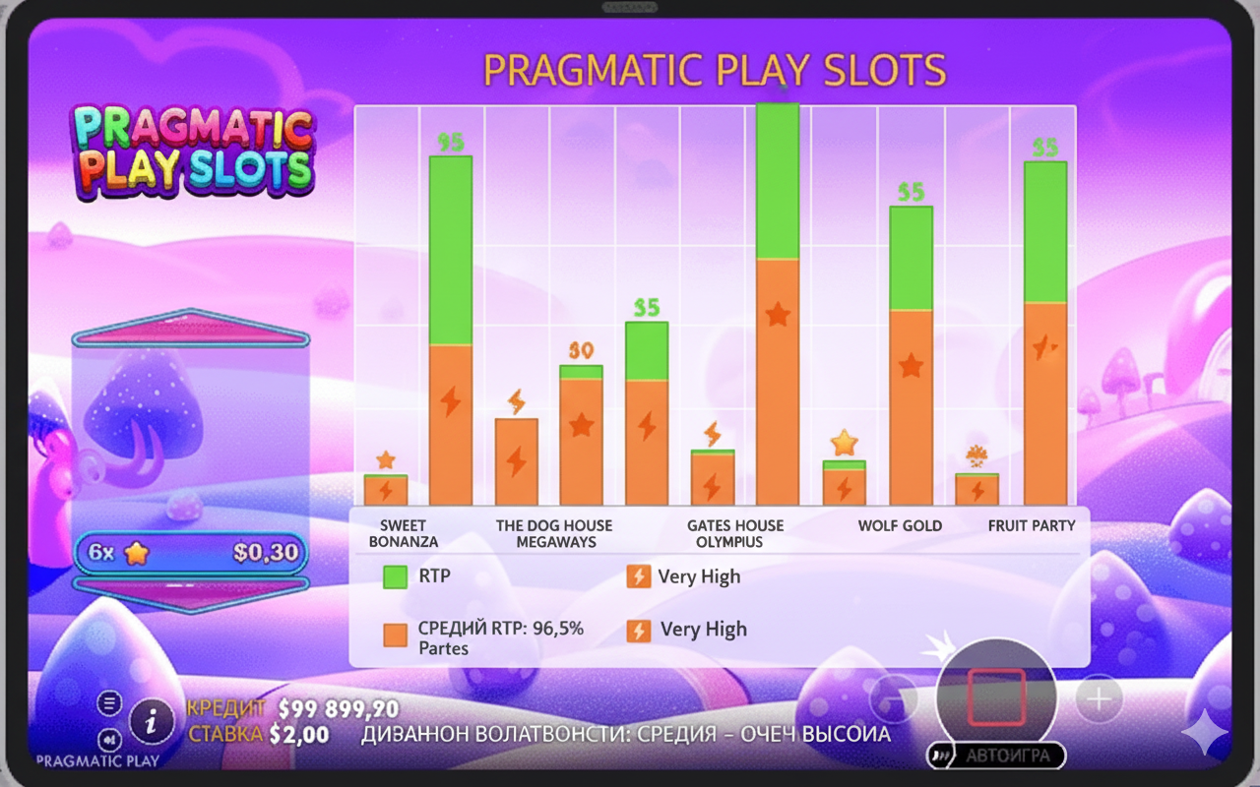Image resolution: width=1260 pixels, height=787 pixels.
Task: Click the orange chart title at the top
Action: pos(715,71)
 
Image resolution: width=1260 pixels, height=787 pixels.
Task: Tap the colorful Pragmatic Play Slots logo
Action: pos(193,150)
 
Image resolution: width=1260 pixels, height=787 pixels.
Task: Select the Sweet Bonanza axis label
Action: pos(404,533)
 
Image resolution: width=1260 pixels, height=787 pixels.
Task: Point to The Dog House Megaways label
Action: pos(554,533)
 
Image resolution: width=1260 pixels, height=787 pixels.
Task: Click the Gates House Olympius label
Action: pos(735,533)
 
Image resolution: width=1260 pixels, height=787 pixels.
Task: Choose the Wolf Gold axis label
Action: pos(900,525)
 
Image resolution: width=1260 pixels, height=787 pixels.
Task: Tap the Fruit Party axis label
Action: pos(1032,525)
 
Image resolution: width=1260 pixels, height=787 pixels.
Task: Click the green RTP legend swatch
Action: pos(395,576)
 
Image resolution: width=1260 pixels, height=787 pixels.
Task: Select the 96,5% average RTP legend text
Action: pos(500,629)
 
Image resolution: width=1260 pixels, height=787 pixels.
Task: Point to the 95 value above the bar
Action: pos(450,143)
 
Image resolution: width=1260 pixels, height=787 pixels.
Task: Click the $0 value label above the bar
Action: pos(581,351)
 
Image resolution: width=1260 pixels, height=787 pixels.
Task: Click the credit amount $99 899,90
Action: pos(339,709)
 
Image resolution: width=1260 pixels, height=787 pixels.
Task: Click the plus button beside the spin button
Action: pos(1099,699)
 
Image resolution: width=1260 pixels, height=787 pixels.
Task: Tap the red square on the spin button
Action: pos(996,697)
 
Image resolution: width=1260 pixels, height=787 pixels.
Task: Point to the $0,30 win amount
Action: pos(266,553)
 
